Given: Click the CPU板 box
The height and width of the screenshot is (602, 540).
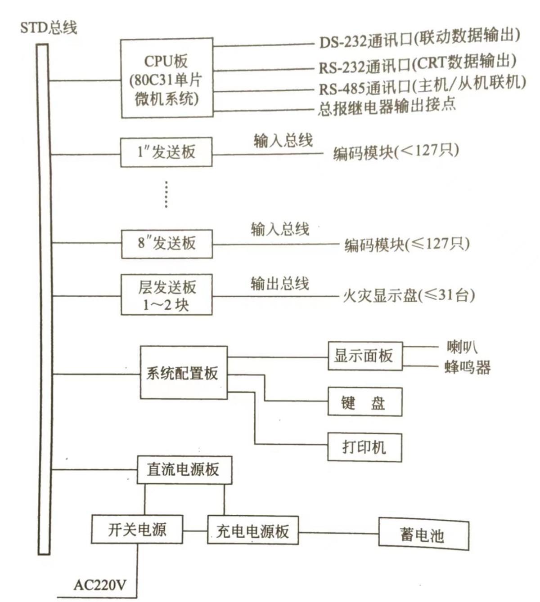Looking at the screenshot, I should point(166,79).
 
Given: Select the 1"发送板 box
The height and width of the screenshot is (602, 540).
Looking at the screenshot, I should point(166,152).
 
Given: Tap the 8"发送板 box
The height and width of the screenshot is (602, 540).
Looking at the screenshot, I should point(166,244).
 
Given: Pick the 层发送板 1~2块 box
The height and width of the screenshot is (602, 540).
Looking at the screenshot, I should point(166,295).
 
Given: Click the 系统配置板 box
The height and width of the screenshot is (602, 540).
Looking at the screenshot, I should point(184,373).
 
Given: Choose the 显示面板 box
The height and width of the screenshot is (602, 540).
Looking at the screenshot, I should point(364,356).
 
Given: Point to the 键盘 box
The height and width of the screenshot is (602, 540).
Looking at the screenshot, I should point(364,402).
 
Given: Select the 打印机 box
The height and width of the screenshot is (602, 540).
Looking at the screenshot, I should point(364,447).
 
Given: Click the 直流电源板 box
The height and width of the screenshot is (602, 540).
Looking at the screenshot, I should point(184,470).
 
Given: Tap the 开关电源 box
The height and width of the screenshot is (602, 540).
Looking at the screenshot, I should point(137,530).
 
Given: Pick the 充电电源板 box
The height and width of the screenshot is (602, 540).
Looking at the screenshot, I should point(252,531).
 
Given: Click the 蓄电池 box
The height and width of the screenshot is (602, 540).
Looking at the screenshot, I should point(423,535).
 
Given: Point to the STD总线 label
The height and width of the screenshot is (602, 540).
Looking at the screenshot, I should point(49,28).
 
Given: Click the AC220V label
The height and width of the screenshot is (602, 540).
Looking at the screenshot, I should point(100,585).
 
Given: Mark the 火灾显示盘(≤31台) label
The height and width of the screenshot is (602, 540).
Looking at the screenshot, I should point(409,295).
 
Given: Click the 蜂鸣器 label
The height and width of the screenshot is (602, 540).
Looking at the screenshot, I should point(467,367).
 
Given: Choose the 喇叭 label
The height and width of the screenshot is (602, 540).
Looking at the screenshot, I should point(462,347).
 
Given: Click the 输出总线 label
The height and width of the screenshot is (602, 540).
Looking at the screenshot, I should point(279,284).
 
